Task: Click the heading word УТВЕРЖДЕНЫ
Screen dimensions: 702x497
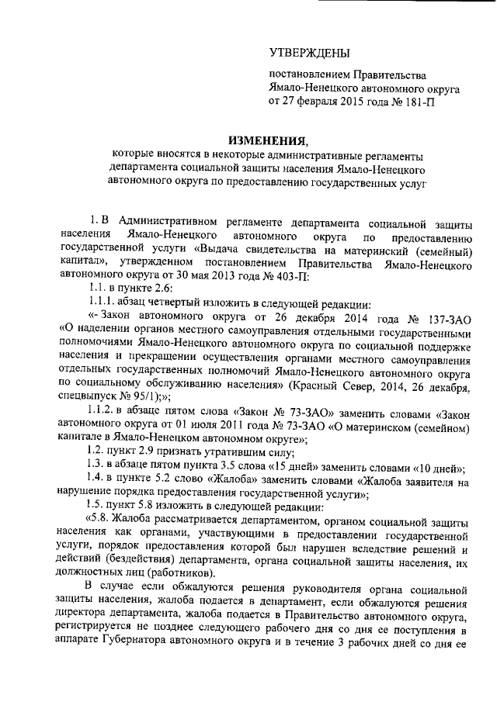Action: tap(309, 53)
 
